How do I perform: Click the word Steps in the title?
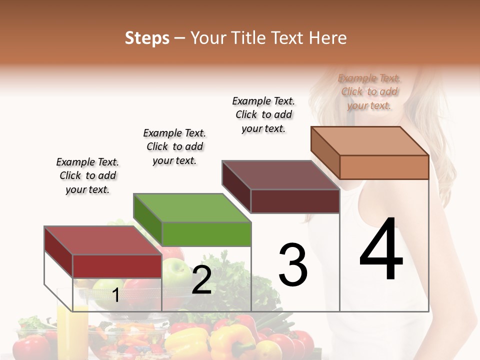[147, 38]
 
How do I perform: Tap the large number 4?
[381, 250]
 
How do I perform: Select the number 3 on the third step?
[293, 265]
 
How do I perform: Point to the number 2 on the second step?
[201, 280]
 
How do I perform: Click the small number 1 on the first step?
[115, 295]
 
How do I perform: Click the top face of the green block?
[192, 207]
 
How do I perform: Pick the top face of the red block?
[103, 240]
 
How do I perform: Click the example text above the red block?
[87, 175]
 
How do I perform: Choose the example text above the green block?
[174, 146]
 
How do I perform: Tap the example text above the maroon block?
[263, 114]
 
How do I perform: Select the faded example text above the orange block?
[369, 91]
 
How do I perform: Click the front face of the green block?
[206, 234]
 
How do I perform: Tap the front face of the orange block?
[384, 167]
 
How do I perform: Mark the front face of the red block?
[117, 266]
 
